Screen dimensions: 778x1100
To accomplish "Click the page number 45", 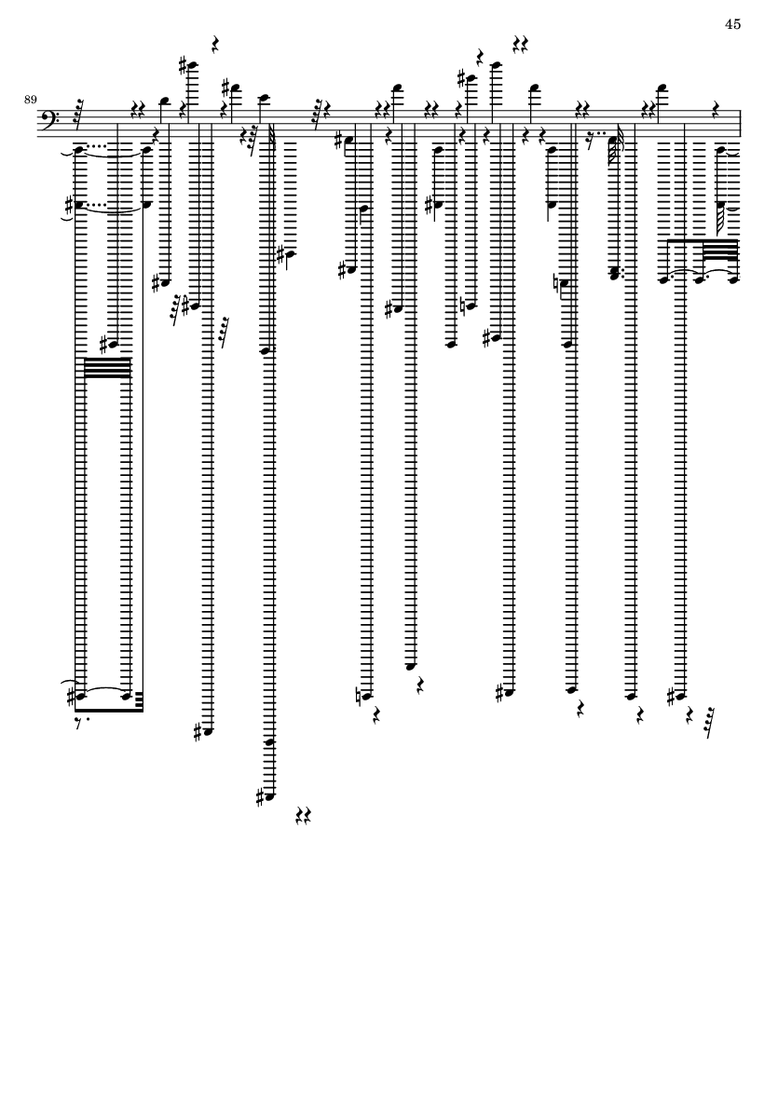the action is click(x=732, y=24).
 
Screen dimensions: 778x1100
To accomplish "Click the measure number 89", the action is click(x=30, y=100).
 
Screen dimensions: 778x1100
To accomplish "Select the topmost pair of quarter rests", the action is click(x=520, y=46).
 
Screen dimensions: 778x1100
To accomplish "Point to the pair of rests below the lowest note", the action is click(x=303, y=815).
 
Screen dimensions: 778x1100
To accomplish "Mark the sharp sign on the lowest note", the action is click(x=260, y=797).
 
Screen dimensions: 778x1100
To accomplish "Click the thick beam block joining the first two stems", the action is click(x=107, y=368).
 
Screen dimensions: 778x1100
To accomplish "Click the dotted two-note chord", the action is click(x=615, y=274).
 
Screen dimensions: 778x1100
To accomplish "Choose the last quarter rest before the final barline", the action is click(x=717, y=109).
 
